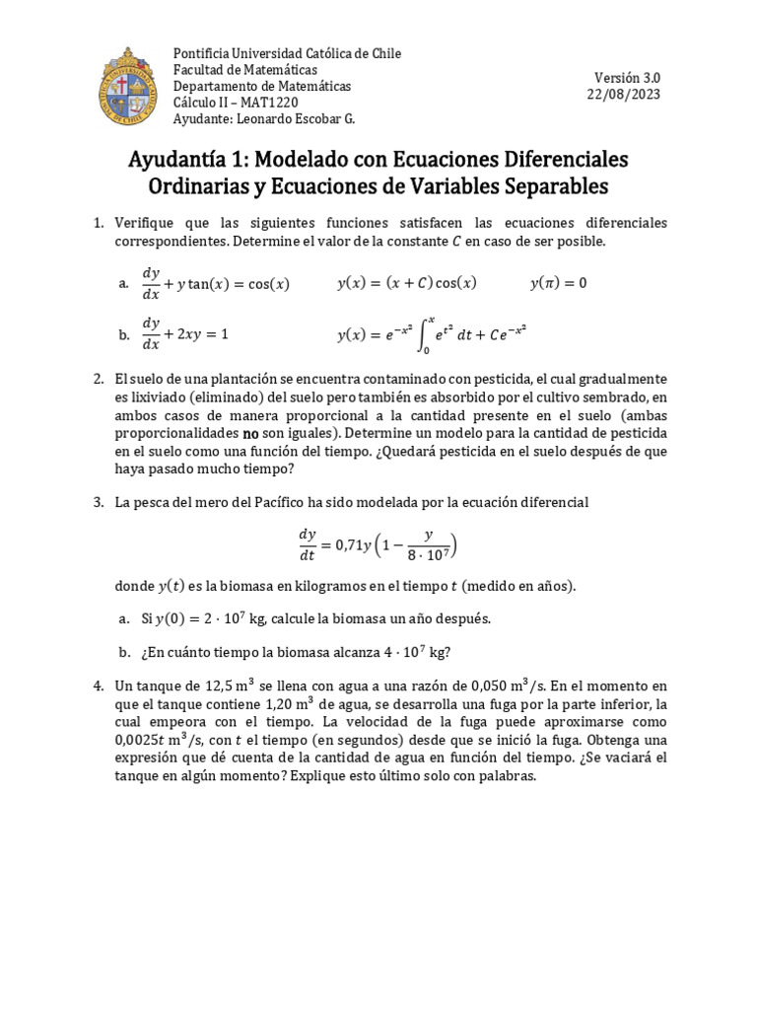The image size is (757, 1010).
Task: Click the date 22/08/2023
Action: click(x=624, y=95)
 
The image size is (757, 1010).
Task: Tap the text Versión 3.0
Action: click(x=628, y=78)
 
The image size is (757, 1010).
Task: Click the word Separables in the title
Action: click(x=552, y=186)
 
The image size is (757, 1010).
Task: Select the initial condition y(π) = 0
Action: click(x=558, y=283)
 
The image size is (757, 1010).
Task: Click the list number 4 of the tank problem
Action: click(x=99, y=685)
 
